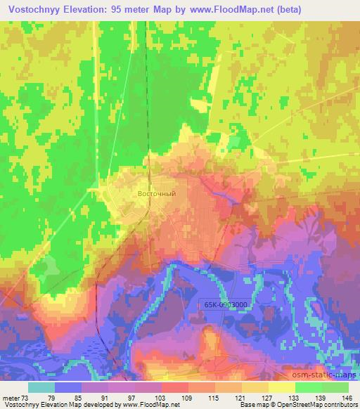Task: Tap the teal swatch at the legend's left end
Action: click(41, 387)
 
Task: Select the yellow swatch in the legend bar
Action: click(281, 387)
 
